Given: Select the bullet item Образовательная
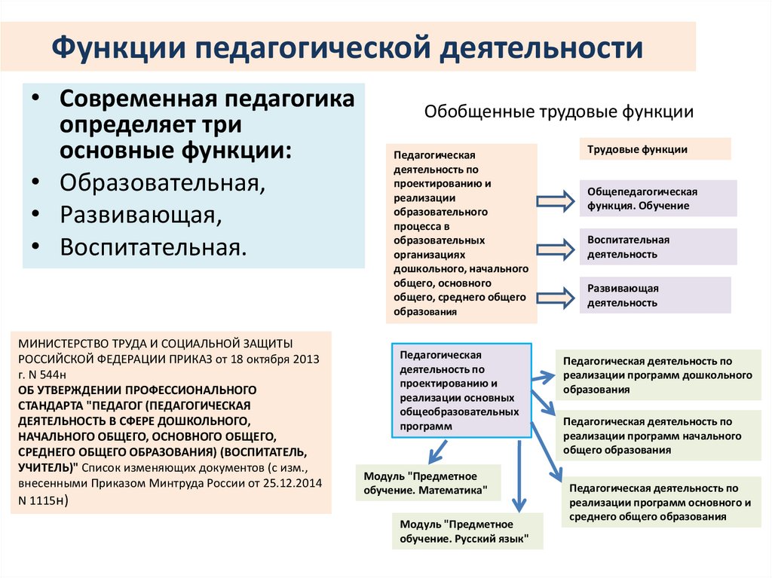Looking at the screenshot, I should pyautogui.click(x=162, y=183).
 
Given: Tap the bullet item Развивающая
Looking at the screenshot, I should pyautogui.click(x=141, y=215).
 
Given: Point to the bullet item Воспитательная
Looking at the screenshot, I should pyautogui.click(x=153, y=246).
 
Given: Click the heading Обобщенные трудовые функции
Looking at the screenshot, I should pyautogui.click(x=559, y=112).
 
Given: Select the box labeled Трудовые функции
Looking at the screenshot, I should pyautogui.click(x=654, y=149).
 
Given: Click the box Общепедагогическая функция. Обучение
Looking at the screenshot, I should pyautogui.click(x=657, y=199).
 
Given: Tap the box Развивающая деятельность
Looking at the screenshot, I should pyautogui.click(x=654, y=295).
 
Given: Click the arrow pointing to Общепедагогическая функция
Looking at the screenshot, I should pyautogui.click(x=555, y=200).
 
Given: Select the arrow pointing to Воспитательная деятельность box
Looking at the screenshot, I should pyautogui.click(x=555, y=248).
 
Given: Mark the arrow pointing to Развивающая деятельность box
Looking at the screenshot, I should pyautogui.click(x=555, y=296).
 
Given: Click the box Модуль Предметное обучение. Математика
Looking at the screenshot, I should pyautogui.click(x=427, y=483).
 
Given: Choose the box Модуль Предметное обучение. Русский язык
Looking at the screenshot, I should pyautogui.click(x=467, y=531).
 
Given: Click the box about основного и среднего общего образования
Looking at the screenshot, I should pyautogui.click(x=660, y=503).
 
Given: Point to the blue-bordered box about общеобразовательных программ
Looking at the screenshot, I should pyautogui.click(x=461, y=390).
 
